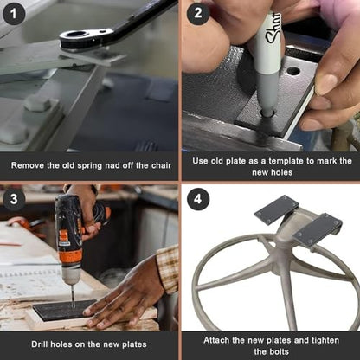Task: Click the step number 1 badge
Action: pyautogui.click(x=14, y=14)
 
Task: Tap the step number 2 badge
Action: pyautogui.click(x=198, y=13)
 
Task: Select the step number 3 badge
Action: pyautogui.click(x=14, y=199)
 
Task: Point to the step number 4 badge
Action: pyautogui.click(x=198, y=199)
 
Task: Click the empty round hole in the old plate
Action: pyautogui.click(x=293, y=71)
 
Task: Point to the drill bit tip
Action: pyautogui.click(x=74, y=307)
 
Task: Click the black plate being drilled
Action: pyautogui.click(x=64, y=310)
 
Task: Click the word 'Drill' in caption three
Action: pyautogui.click(x=40, y=344)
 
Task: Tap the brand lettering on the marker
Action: pyautogui.click(x=273, y=29)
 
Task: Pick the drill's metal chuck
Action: pyautogui.click(x=71, y=276)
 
